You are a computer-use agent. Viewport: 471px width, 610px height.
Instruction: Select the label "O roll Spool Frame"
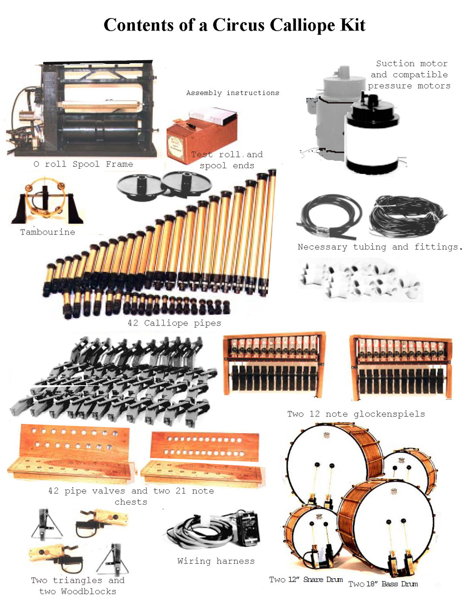pos(83,164)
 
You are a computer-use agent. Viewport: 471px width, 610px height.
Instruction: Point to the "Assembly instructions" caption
pos(232,93)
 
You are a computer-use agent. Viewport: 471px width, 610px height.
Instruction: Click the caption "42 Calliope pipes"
pos(174,323)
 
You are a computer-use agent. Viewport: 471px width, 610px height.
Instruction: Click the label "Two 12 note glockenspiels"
pos(356,414)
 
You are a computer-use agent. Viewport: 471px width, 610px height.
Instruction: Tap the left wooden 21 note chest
pos(70,453)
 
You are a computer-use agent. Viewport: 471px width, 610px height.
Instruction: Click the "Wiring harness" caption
pos(216,561)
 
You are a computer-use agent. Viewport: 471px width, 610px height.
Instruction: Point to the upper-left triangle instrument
pos(46,525)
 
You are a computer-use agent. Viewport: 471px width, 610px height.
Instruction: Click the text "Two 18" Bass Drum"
pos(383,584)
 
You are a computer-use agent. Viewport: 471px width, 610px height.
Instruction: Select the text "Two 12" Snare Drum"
pos(306,579)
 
